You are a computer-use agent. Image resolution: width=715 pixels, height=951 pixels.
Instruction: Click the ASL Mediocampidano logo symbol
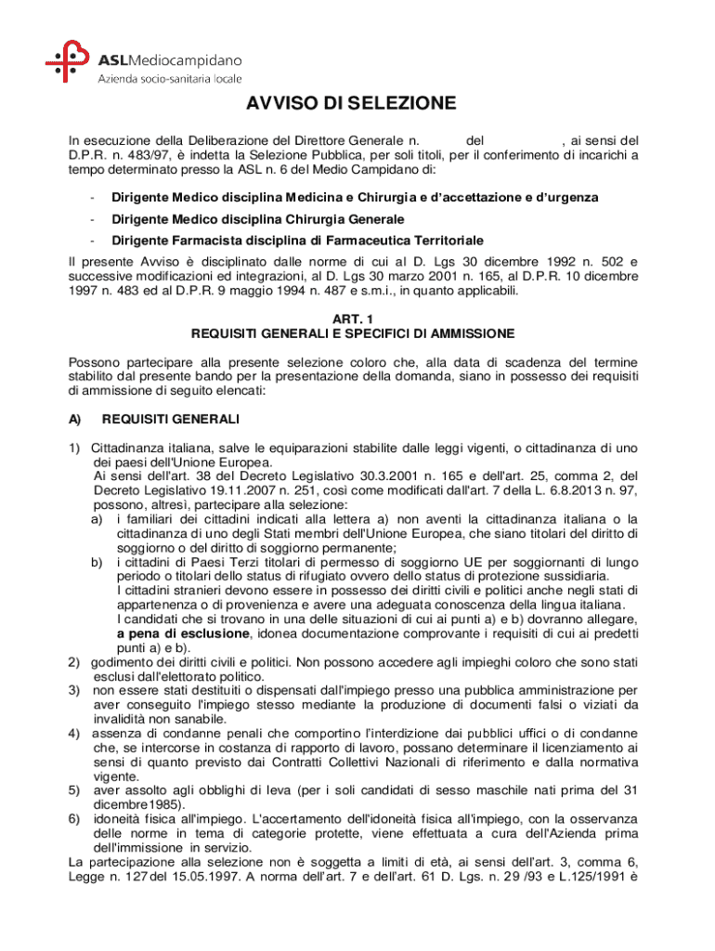tap(67, 63)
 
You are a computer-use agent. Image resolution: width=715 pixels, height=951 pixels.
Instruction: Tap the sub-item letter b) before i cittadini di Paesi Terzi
tap(97, 562)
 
